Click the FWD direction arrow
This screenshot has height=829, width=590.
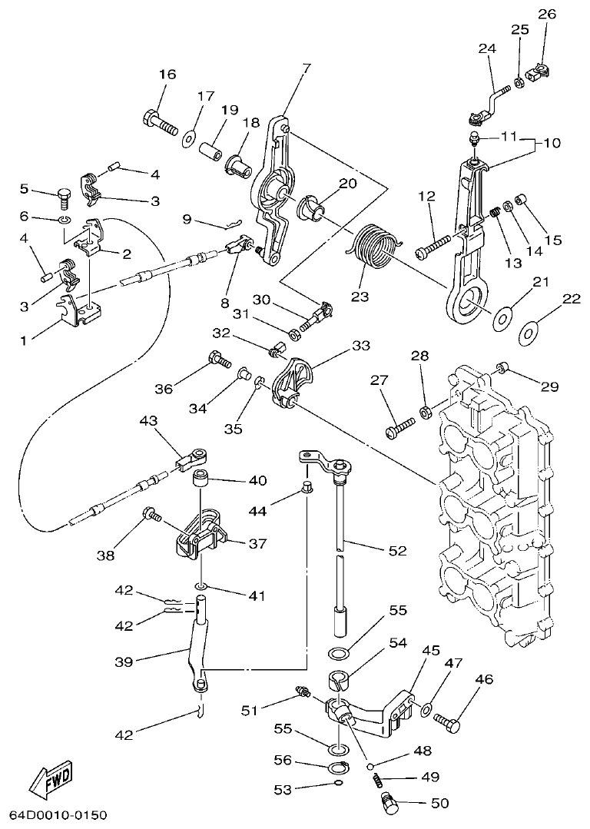pyautogui.click(x=51, y=781)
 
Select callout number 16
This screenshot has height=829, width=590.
pyautogui.click(x=167, y=75)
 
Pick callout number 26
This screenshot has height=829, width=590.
pyautogui.click(x=546, y=15)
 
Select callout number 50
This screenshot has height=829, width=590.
pyautogui.click(x=439, y=804)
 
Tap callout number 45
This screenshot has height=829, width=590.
pyautogui.click(x=431, y=650)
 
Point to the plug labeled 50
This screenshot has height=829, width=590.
pyautogui.click(x=390, y=804)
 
